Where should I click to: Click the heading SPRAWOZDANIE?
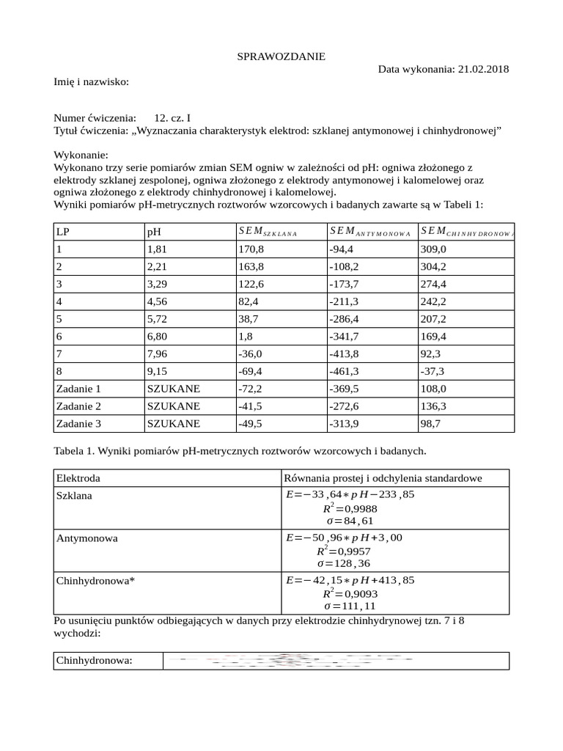point(281,56)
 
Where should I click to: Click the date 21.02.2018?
point(483,69)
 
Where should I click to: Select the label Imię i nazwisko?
point(91,81)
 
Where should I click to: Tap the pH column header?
point(154,232)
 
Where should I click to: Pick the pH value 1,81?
point(158,249)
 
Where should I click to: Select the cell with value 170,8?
point(250,249)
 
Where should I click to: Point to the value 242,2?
point(433,301)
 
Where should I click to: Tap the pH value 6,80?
point(158,337)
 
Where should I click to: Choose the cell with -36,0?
point(250,354)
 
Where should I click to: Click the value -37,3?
point(432,372)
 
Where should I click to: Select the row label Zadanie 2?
point(78,406)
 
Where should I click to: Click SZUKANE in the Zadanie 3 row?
point(173,424)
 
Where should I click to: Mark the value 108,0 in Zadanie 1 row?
point(433,389)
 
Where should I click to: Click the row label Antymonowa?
point(87,538)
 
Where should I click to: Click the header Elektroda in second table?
point(78,478)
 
